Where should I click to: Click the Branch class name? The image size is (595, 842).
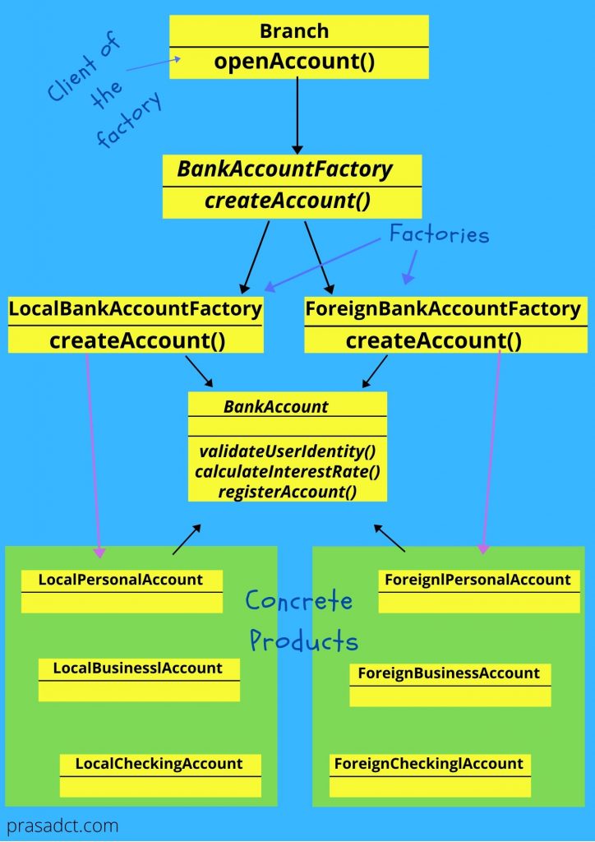[294, 31]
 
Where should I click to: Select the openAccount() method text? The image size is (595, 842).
[294, 62]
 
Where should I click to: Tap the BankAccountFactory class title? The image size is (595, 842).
[285, 170]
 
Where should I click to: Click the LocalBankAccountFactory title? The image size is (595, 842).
[135, 309]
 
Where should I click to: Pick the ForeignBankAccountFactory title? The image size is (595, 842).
[443, 309]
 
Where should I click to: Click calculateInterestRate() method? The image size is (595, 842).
[287, 472]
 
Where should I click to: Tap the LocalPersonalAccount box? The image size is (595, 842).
[121, 590]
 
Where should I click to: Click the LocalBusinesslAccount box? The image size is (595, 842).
[138, 678]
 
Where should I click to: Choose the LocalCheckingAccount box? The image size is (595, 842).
[159, 774]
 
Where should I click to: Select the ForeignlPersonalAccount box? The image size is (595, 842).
[477, 590]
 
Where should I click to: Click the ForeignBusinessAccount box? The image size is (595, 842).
[449, 683]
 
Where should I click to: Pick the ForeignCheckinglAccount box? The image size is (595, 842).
[429, 774]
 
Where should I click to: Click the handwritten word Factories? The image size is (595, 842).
[439, 235]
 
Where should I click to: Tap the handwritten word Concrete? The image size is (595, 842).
[299, 601]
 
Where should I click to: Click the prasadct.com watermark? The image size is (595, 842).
[62, 825]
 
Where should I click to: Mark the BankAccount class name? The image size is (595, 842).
[276, 406]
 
